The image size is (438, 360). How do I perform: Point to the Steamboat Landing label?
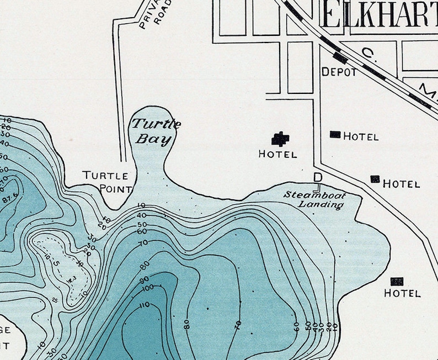click(314, 199)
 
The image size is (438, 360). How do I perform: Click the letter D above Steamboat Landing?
click(318, 177)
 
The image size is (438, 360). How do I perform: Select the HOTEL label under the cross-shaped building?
click(277, 155)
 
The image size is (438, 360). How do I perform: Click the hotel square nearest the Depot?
click(335, 134)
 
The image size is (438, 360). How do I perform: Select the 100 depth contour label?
click(148, 288)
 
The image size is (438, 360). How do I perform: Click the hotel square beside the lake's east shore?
click(397, 281)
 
